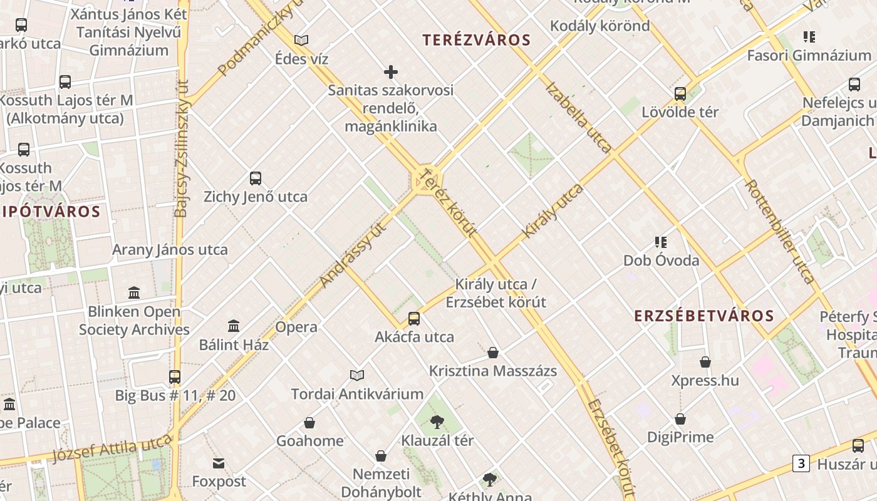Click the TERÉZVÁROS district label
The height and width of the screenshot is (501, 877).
[x=476, y=41]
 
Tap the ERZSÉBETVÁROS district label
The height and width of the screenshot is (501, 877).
[x=704, y=316]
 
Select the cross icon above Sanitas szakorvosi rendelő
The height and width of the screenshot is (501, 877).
[x=391, y=72]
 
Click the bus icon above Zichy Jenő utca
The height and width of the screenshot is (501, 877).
[x=256, y=178]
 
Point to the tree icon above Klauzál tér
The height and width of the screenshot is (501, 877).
[x=437, y=422]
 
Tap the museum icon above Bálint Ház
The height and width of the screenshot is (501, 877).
[x=234, y=326]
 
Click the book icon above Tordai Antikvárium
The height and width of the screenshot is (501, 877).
[x=357, y=376]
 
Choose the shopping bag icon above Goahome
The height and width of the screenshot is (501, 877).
[x=309, y=423]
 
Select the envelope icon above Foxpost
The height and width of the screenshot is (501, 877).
[x=219, y=463]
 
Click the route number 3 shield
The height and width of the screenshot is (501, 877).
[x=801, y=463]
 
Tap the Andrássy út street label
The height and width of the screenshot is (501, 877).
[x=353, y=254]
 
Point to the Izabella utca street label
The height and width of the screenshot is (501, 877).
[x=578, y=117]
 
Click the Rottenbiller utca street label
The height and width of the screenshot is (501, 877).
[x=779, y=232]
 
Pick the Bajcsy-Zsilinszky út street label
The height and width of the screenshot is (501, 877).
[x=181, y=148]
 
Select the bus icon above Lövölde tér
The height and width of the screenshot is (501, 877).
[x=680, y=94]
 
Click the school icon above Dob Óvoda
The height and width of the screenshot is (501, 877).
[x=660, y=242]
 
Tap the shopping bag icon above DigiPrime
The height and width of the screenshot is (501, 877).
[x=680, y=419]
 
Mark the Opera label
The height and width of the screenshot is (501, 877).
[x=296, y=327]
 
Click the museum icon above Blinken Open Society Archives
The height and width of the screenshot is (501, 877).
[x=134, y=293]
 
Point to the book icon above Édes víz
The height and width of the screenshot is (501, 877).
[x=301, y=41]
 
